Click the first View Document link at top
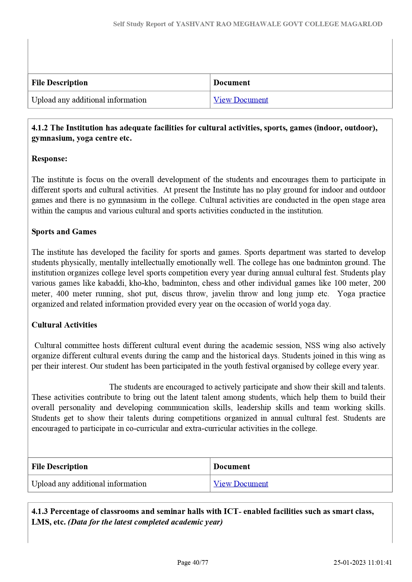(241, 100)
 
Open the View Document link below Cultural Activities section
(241, 484)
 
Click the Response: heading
(49, 159)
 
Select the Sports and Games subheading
(64, 232)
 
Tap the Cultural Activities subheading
(64, 325)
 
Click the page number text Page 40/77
(193, 562)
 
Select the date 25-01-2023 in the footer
(350, 562)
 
